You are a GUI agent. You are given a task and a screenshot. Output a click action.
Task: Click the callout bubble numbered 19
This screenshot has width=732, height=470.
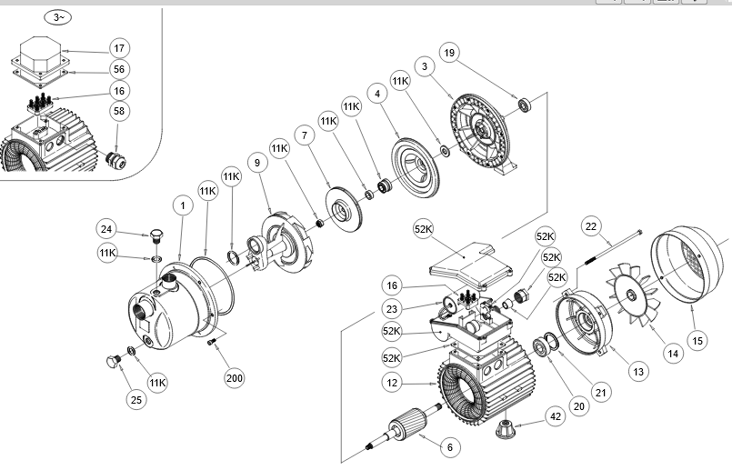(x=449, y=53)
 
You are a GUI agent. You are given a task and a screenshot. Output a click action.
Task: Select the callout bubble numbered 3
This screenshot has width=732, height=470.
(x=425, y=66)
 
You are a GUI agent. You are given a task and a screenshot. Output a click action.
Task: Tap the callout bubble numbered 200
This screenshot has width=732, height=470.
(x=235, y=377)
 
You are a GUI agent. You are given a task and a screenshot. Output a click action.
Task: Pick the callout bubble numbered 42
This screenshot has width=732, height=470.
(x=556, y=416)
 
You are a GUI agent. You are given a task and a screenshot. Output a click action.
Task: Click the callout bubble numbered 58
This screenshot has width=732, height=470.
(x=119, y=111)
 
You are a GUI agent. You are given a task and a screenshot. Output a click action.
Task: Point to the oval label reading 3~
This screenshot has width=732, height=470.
(x=57, y=18)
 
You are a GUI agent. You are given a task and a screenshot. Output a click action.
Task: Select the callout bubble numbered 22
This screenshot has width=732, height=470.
(x=591, y=226)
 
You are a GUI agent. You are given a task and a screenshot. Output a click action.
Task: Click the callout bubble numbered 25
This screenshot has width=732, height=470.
(x=136, y=399)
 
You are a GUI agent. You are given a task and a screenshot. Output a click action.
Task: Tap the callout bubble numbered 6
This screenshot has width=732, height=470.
(x=450, y=447)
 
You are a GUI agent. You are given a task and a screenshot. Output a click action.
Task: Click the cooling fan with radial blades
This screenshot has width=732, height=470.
(x=633, y=294)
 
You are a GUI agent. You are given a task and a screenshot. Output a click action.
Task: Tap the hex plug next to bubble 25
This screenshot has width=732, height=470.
(x=114, y=362)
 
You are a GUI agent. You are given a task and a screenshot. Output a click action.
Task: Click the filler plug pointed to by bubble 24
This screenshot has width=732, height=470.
(x=156, y=236)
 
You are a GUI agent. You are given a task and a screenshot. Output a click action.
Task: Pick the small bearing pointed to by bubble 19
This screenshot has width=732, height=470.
(x=525, y=105)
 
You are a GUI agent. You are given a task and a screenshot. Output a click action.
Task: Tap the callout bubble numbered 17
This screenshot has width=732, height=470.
(x=119, y=48)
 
